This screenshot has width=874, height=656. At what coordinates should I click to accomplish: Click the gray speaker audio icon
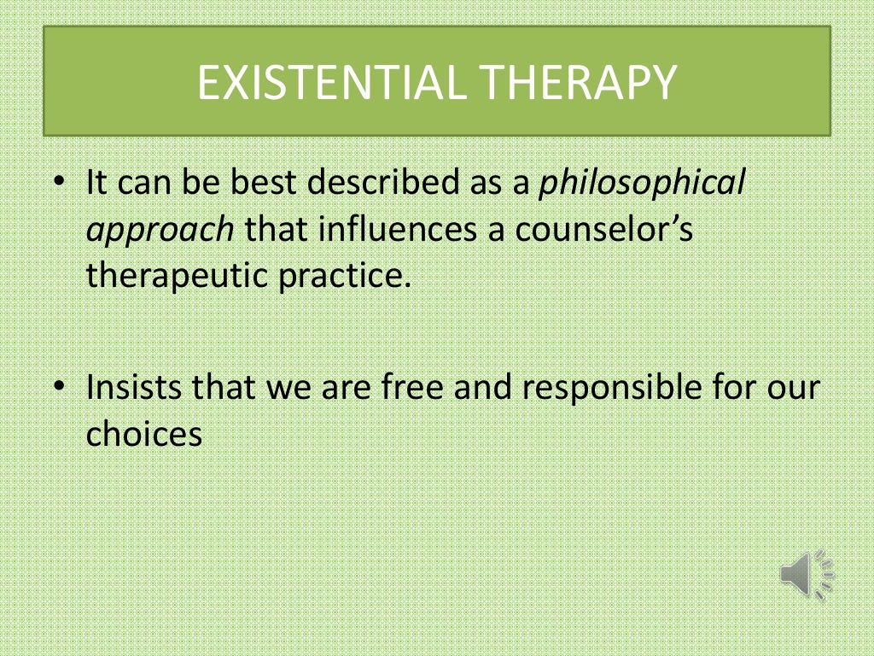point(806,573)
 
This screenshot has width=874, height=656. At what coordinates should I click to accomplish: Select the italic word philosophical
point(642,184)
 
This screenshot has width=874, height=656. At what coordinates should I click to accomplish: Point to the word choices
point(143,434)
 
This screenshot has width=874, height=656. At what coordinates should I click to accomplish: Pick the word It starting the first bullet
point(97,184)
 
